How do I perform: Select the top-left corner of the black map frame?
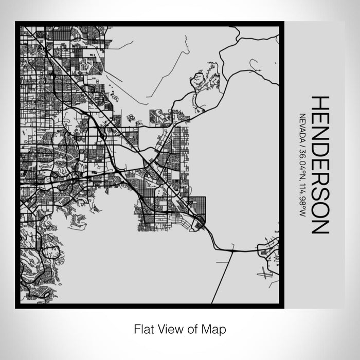point(17,23)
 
